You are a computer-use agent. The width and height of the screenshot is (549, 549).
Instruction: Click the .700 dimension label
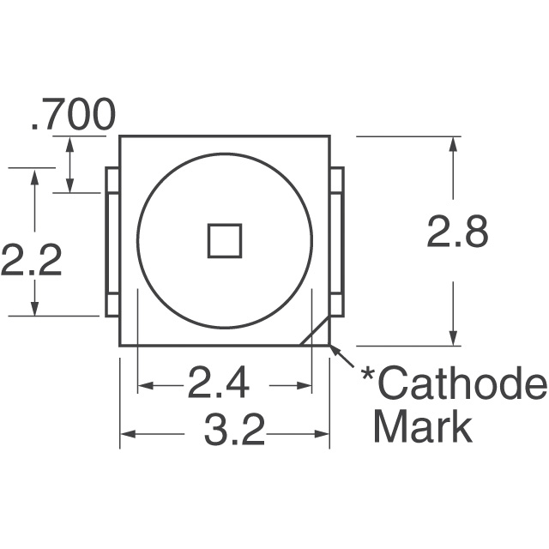(x=72, y=117)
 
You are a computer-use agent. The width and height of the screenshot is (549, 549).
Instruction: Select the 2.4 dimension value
(x=218, y=385)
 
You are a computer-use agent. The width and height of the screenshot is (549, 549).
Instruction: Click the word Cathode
(x=462, y=386)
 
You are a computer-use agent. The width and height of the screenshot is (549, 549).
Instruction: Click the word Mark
(x=423, y=426)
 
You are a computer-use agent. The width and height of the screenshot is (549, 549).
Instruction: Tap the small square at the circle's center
(x=226, y=239)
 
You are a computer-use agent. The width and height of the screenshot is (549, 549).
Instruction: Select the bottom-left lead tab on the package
(x=112, y=304)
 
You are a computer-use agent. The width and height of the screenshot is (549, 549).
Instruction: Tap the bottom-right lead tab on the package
(x=336, y=304)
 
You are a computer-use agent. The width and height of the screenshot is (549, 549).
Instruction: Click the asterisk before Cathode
(x=367, y=377)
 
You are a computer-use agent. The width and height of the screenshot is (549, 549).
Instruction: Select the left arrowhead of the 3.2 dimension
(x=125, y=434)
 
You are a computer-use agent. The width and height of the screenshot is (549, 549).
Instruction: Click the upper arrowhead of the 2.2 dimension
(x=35, y=176)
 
